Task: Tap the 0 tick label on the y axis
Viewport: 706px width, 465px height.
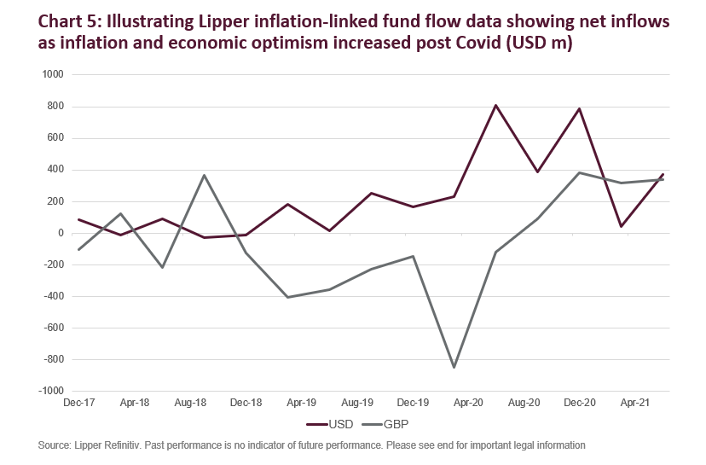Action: tap(60, 233)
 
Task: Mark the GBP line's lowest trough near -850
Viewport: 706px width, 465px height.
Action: tap(454, 368)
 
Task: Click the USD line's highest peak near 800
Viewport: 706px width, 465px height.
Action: tap(495, 105)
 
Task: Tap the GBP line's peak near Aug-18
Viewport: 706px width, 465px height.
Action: tap(204, 175)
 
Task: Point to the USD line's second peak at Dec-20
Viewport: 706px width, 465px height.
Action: tap(579, 108)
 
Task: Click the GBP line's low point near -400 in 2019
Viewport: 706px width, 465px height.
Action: tap(287, 297)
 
